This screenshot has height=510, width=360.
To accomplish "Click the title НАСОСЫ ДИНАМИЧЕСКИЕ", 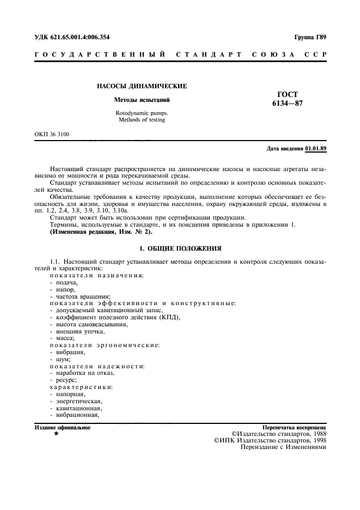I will click(x=142, y=86).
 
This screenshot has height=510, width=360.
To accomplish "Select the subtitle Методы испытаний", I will click(x=142, y=100).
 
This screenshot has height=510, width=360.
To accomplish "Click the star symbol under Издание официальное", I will click(x=56, y=434).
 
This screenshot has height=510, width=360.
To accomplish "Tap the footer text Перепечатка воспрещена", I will click(x=294, y=428).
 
